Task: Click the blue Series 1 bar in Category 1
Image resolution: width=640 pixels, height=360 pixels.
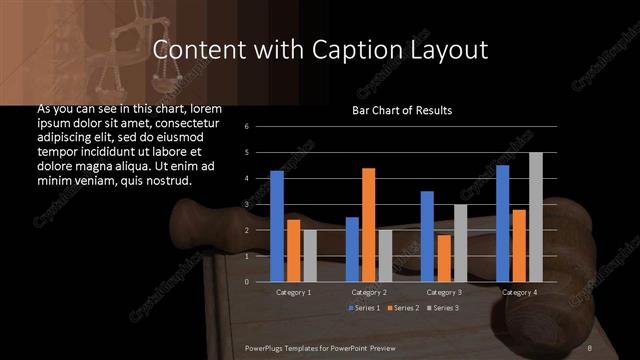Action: (x=277, y=226)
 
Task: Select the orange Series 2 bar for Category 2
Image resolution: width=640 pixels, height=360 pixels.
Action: (x=368, y=225)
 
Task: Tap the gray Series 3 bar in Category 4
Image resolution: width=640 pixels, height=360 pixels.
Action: (x=535, y=217)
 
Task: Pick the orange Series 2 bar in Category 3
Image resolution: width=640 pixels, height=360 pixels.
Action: (x=444, y=258)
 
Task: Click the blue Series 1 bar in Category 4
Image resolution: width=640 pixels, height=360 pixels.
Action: (x=503, y=223)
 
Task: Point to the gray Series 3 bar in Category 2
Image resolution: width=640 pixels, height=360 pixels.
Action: (x=385, y=256)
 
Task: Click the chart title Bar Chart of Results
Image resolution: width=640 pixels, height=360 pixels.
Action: (x=402, y=110)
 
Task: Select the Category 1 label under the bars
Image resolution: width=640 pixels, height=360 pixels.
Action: (x=293, y=292)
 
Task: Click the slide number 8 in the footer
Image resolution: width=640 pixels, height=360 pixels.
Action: (x=590, y=346)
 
